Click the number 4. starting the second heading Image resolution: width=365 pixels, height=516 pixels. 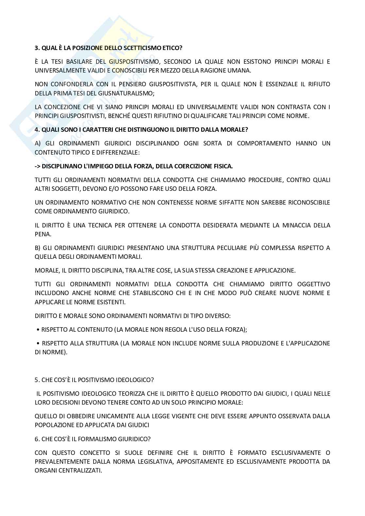[37, 129]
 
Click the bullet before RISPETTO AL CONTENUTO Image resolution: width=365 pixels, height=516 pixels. [39, 330]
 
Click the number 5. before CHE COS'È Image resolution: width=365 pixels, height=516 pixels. [37, 380]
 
